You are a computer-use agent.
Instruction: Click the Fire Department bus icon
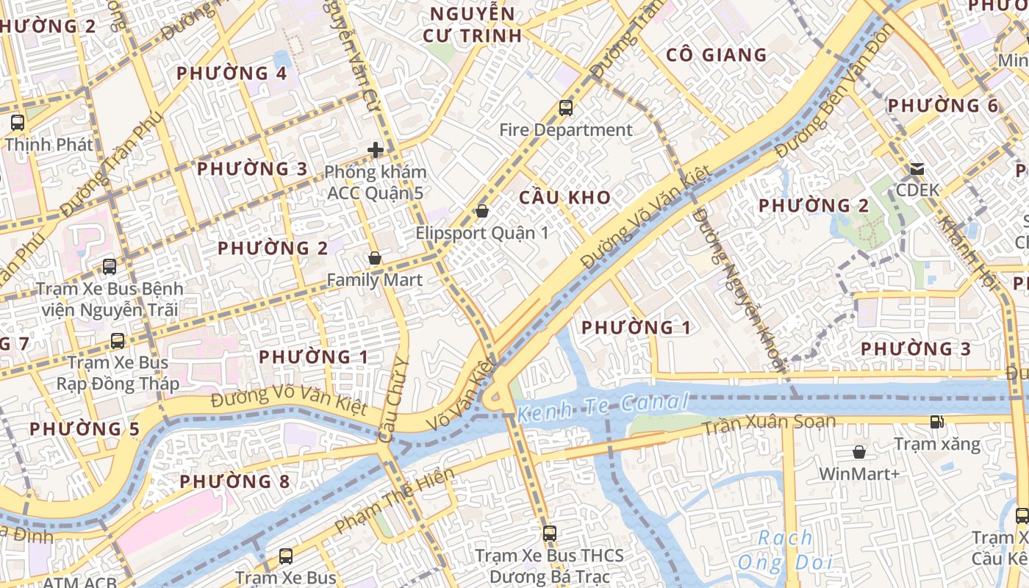pyautogui.click(x=565, y=108)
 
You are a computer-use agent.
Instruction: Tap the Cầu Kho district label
pyautogui.click(x=564, y=197)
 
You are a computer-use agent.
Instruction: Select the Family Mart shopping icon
pyautogui.click(x=375, y=258)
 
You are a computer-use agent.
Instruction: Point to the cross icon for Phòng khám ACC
pyautogui.click(x=376, y=150)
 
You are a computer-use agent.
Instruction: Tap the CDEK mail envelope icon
pyautogui.click(x=917, y=169)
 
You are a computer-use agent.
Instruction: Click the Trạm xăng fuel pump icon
pyautogui.click(x=936, y=422)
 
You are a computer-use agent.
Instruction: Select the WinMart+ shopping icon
pyautogui.click(x=858, y=451)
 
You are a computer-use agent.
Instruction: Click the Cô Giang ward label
pyautogui.click(x=716, y=55)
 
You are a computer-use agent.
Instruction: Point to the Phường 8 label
pyautogui.click(x=234, y=481)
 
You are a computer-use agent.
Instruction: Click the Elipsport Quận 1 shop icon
pyautogui.click(x=482, y=211)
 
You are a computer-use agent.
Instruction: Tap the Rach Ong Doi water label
pyautogui.click(x=785, y=550)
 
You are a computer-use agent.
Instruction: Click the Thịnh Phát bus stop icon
pyautogui.click(x=18, y=123)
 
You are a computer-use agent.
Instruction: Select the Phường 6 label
pyautogui.click(x=943, y=106)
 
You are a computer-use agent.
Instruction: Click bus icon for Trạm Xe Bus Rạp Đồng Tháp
pyautogui.click(x=118, y=340)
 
